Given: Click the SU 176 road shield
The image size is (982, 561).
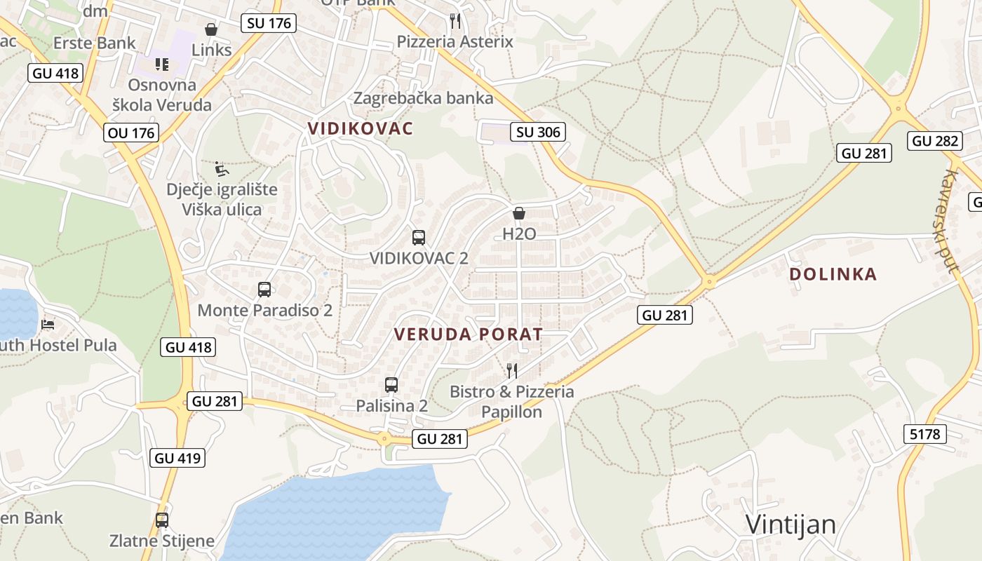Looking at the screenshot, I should [x=269, y=23].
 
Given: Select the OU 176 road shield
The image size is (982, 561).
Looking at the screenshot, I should [x=132, y=132].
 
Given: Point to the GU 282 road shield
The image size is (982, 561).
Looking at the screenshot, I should [x=935, y=141].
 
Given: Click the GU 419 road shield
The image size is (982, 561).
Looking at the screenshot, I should [x=178, y=458].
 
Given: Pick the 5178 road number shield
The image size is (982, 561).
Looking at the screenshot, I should [x=924, y=434].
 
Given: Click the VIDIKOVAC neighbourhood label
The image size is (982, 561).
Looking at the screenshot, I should [x=361, y=128].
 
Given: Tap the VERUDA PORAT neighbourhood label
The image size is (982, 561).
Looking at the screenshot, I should [x=469, y=334].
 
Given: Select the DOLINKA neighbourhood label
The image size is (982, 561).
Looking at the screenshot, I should [x=833, y=273].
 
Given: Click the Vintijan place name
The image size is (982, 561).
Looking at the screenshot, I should [x=791, y=525].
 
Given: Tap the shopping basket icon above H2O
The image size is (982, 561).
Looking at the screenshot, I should [x=519, y=213].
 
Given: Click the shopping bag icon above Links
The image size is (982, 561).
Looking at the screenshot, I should [x=210, y=29].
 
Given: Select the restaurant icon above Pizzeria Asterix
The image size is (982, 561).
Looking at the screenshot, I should [x=455, y=20].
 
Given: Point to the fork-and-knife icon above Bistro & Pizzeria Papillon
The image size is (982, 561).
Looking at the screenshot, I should [x=512, y=370].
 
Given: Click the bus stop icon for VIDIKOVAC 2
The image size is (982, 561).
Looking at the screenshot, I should [x=419, y=237].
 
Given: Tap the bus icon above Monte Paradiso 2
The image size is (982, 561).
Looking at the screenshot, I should [x=264, y=289].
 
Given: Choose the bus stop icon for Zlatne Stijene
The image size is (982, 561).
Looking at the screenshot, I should [x=162, y=520].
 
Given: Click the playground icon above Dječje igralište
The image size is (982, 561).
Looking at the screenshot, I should [x=221, y=168].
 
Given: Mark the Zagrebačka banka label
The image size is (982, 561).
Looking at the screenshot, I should [x=423, y=98].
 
